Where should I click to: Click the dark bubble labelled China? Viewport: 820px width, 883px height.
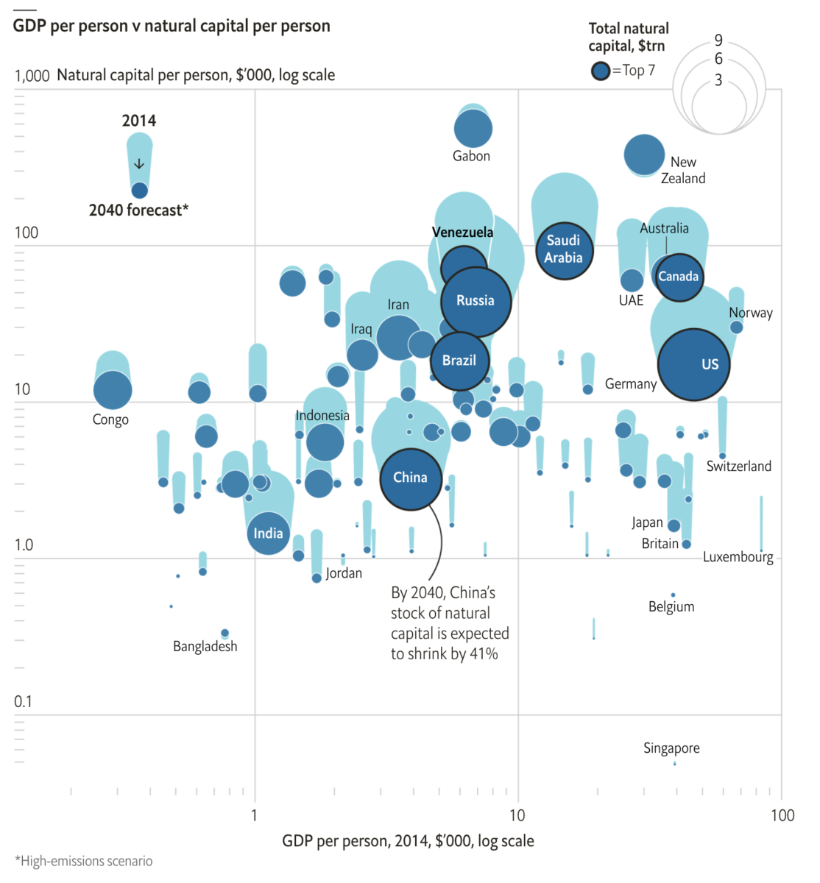411,479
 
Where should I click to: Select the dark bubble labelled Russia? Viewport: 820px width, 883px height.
476,301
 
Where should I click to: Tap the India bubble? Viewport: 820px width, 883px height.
269,533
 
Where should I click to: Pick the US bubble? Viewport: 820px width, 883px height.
693,364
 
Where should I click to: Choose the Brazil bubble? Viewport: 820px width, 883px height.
459,361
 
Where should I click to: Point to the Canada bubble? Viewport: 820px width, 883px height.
678,277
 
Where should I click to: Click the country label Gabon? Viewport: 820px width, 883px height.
471,156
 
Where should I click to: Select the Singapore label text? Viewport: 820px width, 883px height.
671,748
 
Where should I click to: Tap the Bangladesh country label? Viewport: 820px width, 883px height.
205,647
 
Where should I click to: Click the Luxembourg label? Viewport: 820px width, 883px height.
738,557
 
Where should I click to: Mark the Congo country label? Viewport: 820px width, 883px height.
110,420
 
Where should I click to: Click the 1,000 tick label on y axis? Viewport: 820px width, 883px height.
32,76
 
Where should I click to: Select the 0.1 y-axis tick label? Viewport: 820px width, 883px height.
23,702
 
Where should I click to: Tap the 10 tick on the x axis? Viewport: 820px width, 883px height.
517,815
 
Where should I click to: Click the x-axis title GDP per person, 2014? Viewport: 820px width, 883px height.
408,841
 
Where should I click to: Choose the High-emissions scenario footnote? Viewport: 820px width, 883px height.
84,862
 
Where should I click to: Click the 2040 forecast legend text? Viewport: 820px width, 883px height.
138,210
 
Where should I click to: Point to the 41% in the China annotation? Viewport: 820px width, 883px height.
484,654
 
